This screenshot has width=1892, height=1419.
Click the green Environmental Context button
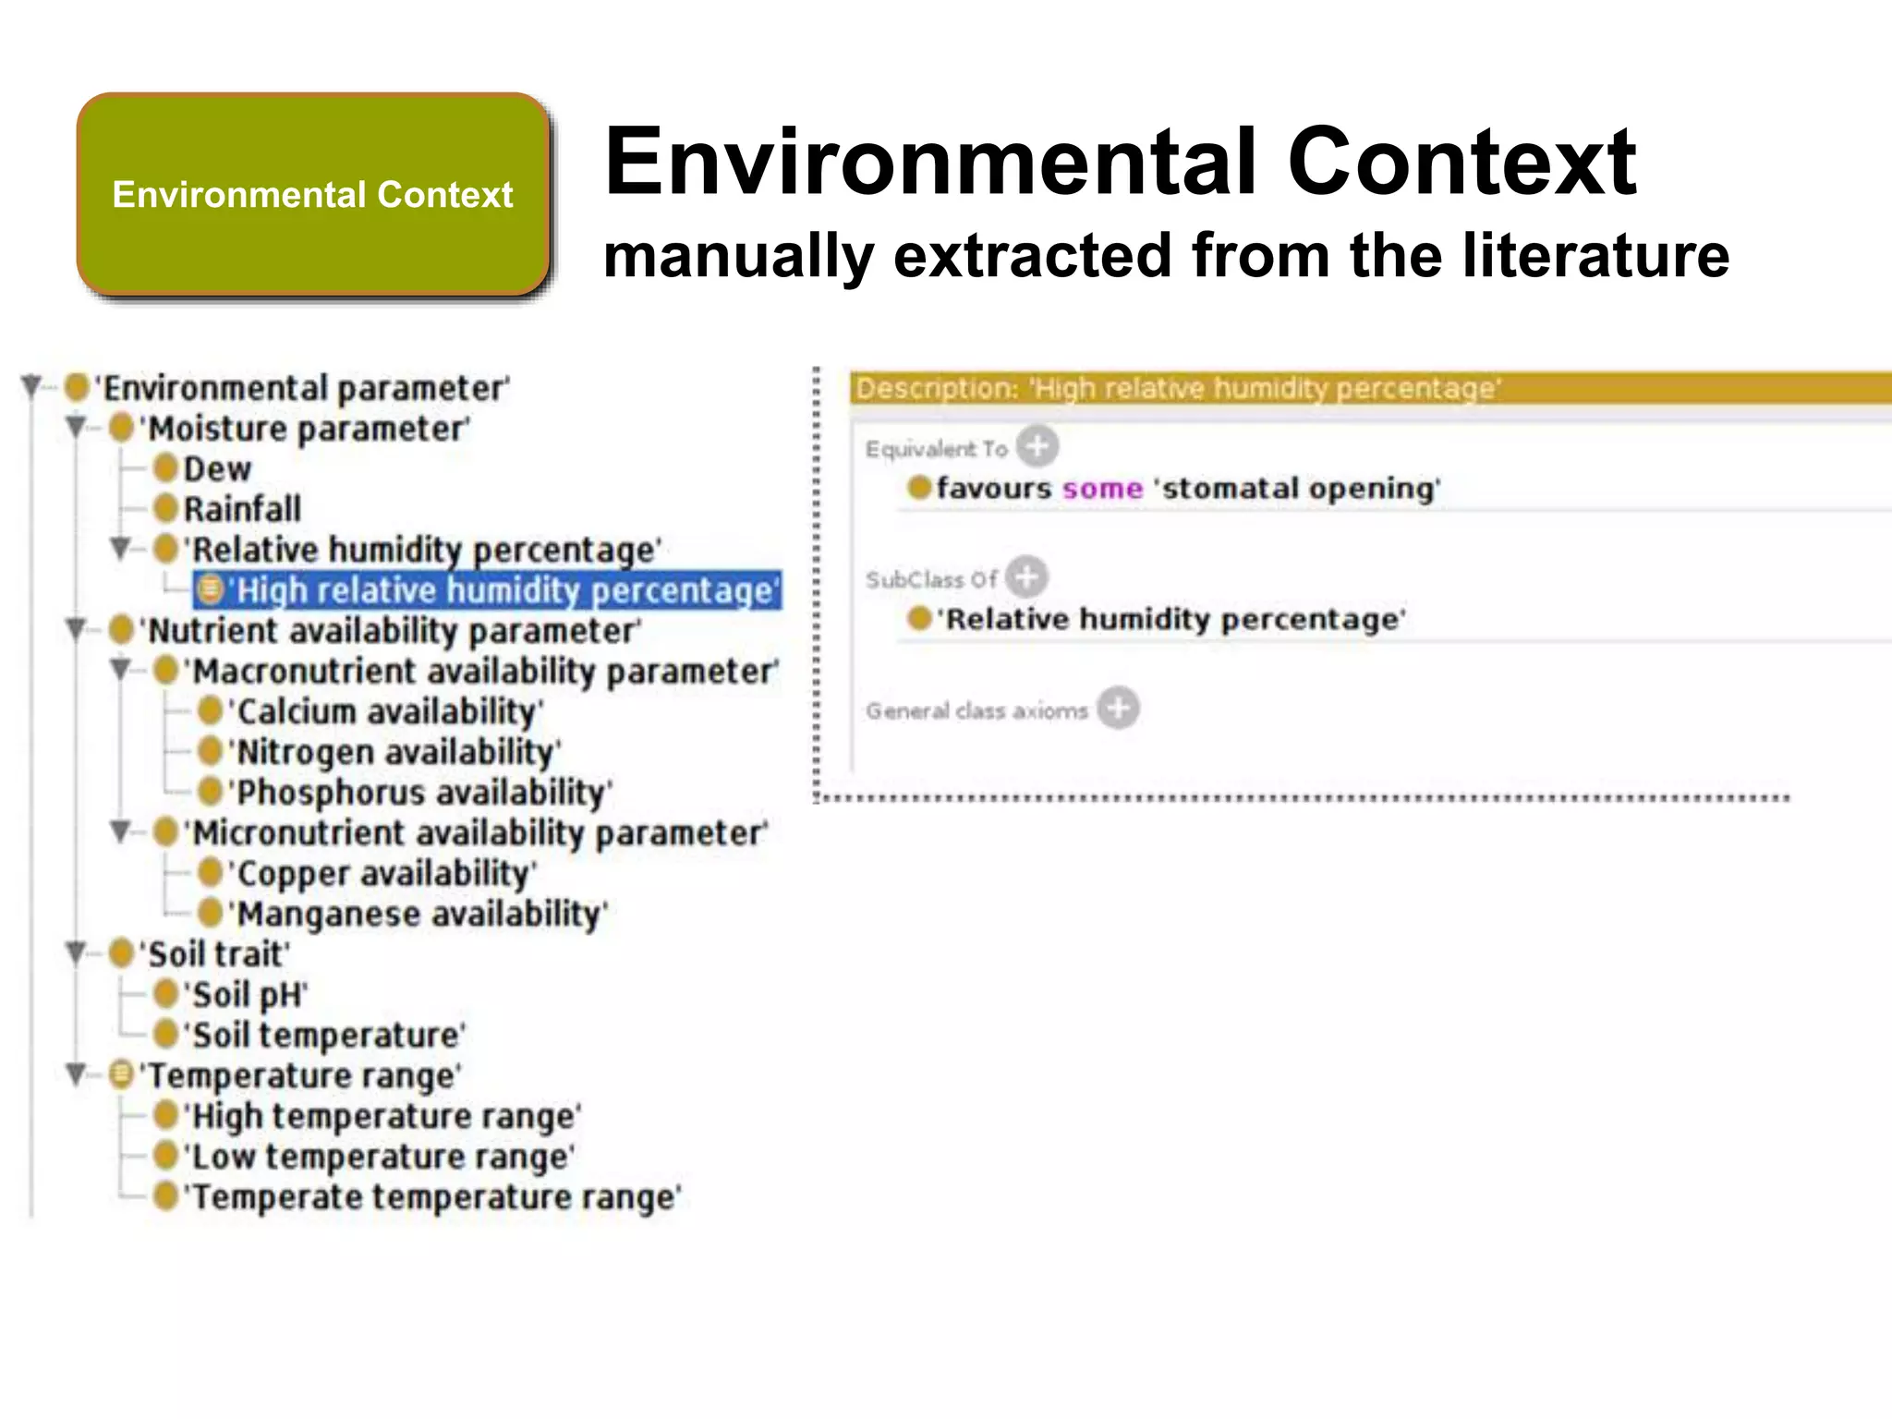click(x=313, y=195)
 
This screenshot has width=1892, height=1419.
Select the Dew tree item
click(x=217, y=469)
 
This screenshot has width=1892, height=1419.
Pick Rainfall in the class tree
click(x=242, y=509)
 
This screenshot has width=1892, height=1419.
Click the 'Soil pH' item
click(x=247, y=995)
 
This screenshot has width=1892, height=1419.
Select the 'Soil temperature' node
click(x=326, y=1036)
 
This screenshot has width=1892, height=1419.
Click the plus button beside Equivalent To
click(x=1037, y=447)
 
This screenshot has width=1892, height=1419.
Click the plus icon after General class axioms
click(x=1118, y=709)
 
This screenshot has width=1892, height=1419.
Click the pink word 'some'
click(x=1102, y=488)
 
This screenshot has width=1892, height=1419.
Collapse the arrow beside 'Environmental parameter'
click(x=32, y=385)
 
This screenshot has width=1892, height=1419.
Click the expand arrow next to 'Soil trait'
click(x=77, y=952)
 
